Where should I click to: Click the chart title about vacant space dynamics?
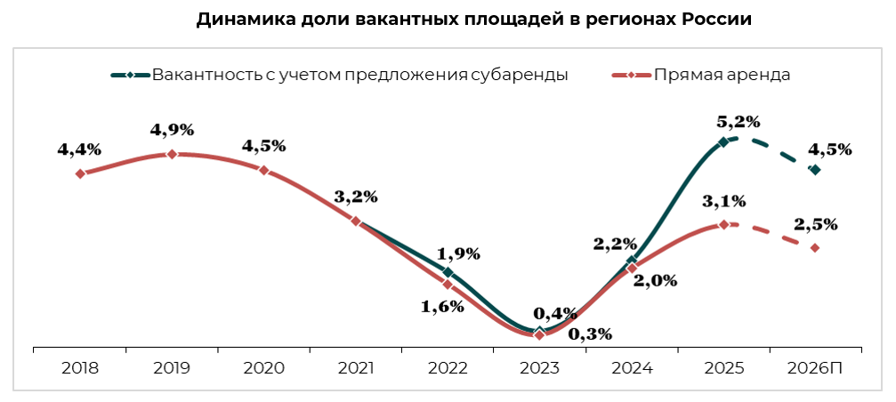[474, 20]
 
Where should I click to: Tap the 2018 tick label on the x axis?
[80, 366]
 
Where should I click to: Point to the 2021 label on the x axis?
[356, 366]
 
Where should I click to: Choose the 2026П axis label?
[814, 366]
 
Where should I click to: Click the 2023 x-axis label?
[539, 366]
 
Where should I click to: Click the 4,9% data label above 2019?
[172, 130]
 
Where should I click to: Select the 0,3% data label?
[589, 334]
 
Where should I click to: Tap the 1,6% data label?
[443, 307]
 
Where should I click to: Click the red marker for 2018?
[80, 173]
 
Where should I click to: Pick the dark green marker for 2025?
[723, 141]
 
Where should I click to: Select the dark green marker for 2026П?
[814, 169]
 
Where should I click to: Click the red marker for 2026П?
[814, 247]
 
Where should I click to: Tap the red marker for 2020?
[264, 170]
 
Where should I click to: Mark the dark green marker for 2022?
[448, 272]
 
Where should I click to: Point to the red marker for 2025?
[723, 224]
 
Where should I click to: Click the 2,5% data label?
[816, 225]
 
